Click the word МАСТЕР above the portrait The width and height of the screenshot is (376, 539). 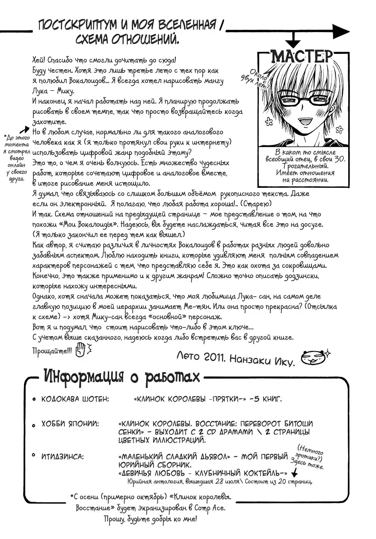pos(302,56)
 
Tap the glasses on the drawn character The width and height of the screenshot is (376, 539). pos(299,101)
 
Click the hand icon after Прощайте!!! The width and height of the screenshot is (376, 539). pos(80,351)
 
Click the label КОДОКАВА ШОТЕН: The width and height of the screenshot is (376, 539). pos(75,399)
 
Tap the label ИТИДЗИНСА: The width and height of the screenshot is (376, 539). pos(62,457)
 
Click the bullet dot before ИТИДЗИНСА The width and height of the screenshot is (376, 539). pos(34,458)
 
